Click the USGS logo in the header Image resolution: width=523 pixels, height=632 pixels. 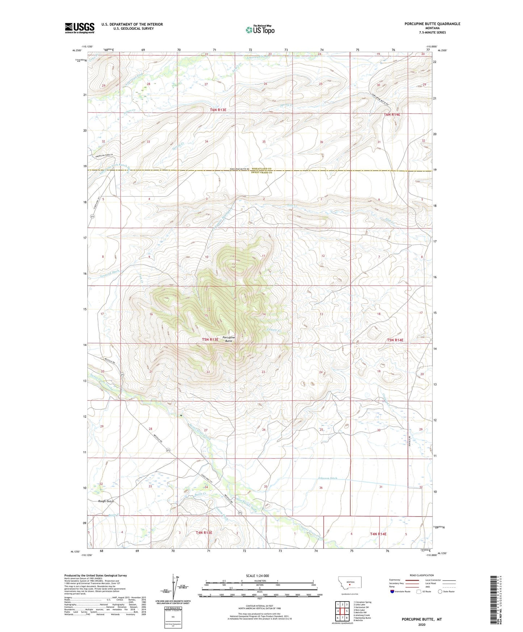coord(80,28)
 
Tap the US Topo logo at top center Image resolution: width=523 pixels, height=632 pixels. coord(260,29)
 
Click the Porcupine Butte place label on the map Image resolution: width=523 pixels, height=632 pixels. coord(229,339)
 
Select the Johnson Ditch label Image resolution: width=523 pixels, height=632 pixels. coord(328,478)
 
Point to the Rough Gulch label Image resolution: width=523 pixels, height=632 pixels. coord(106,501)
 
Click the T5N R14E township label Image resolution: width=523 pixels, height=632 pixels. coord(395,340)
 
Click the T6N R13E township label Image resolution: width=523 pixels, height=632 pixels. coord(218,110)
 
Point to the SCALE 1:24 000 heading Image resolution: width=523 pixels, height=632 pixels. coord(260,576)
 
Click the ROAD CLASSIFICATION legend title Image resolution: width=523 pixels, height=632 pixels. coord(422,575)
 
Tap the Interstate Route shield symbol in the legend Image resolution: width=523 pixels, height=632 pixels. coord(393,591)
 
